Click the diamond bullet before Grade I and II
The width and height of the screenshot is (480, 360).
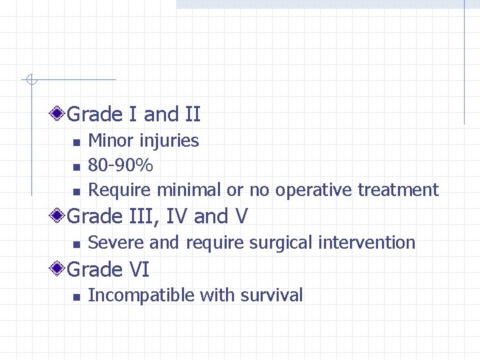click(59, 114)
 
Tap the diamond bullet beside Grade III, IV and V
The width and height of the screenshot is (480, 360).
click(59, 216)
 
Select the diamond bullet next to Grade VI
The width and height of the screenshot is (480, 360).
click(59, 269)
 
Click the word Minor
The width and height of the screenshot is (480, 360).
click(110, 141)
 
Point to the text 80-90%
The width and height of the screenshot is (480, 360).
click(121, 165)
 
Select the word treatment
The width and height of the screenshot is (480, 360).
click(398, 190)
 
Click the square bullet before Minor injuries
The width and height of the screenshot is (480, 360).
click(76, 142)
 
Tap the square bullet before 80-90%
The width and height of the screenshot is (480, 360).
click(76, 167)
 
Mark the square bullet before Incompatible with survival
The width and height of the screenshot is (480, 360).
click(76, 297)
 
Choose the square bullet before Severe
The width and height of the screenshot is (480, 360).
click(76, 244)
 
